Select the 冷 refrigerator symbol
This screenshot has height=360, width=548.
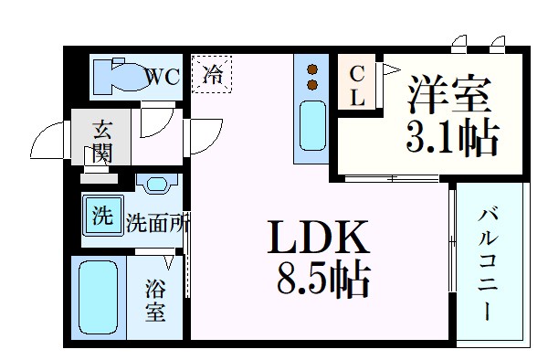click(x=212, y=74)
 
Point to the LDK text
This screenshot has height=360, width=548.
click(x=318, y=239)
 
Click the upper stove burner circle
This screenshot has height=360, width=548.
click(x=312, y=70)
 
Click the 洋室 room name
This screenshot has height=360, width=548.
click(x=449, y=96)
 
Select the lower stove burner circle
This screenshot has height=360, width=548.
click(x=312, y=85)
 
